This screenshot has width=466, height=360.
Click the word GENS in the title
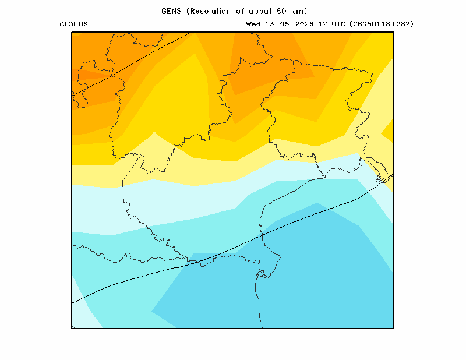[x=171, y=11]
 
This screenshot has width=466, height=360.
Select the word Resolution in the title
[x=210, y=11]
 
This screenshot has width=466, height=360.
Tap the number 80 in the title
[x=281, y=11]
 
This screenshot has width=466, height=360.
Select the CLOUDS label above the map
[x=73, y=24]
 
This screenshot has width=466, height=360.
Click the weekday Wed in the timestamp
[x=253, y=24]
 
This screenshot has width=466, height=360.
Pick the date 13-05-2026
[x=289, y=24]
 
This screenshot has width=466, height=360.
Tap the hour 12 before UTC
[x=323, y=24]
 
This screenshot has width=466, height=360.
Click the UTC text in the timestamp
[x=338, y=24]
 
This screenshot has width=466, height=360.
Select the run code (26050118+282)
[x=382, y=24]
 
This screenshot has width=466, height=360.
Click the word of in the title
[x=240, y=11]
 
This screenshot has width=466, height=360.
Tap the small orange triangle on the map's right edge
[x=389, y=131]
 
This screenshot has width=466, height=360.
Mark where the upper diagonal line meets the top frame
[x=191, y=32]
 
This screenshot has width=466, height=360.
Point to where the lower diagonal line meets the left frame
[x=72, y=303]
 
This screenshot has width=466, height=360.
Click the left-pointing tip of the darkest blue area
[x=152, y=311]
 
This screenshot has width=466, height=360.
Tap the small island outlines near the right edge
[x=381, y=178]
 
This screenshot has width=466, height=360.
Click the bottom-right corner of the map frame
[x=394, y=328]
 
